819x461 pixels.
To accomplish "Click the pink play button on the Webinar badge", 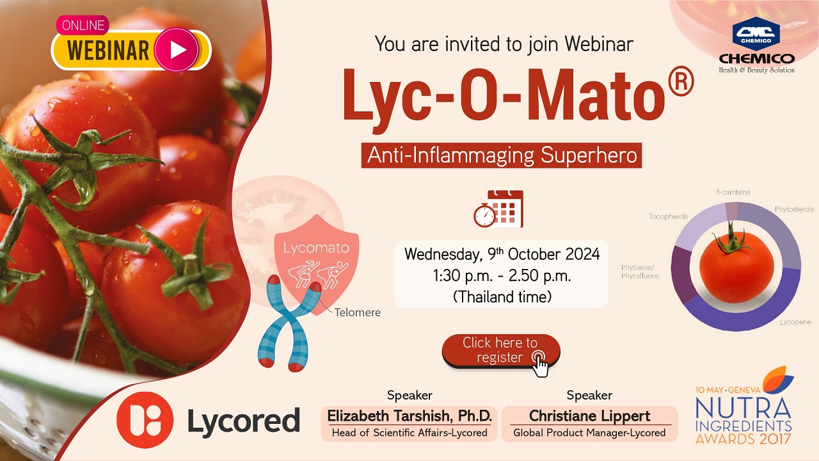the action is (177, 50).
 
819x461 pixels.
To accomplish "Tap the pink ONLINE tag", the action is (83, 25).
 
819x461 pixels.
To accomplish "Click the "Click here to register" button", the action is (501, 350).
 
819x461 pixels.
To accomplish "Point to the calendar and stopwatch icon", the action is (498, 208).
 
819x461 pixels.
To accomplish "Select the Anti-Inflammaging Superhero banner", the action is (501, 156).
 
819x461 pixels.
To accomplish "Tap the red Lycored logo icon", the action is (145, 419).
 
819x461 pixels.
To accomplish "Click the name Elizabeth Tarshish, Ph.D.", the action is (409, 416).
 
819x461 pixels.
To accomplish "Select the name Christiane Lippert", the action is (589, 416).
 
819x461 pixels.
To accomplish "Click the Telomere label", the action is (357, 312).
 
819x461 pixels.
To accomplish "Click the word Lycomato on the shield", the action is (316, 248).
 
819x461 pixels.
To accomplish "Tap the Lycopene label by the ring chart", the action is (795, 322).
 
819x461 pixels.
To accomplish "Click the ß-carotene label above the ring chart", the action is (733, 192).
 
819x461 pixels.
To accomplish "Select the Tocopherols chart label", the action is (668, 216).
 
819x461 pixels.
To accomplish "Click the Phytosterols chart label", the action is (794, 209).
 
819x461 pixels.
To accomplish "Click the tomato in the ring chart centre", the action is (736, 266).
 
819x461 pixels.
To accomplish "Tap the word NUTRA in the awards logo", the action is (743, 408).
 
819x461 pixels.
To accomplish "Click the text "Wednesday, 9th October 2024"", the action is (502, 254).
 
